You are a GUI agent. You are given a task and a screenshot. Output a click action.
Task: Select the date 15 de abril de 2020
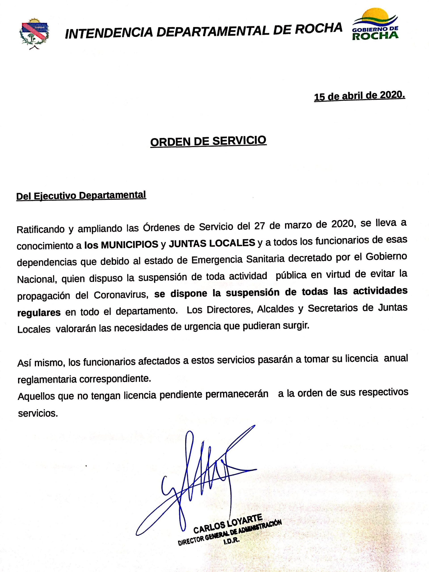click(x=359, y=97)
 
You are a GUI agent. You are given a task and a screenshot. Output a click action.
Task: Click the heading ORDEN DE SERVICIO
click(x=208, y=141)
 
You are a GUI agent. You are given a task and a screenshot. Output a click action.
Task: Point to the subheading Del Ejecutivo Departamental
click(x=81, y=196)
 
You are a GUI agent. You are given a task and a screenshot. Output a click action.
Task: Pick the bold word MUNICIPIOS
click(x=129, y=244)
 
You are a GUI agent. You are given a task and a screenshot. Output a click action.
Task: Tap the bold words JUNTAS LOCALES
click(x=212, y=243)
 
